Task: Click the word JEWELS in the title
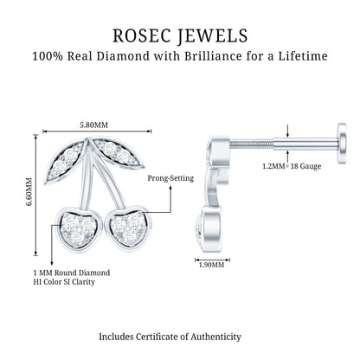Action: coord(213,36)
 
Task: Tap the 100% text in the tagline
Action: coord(48,56)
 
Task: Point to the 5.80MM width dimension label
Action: coord(93,125)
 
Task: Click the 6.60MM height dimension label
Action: coord(29,192)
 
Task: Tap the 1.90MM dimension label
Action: coord(211,265)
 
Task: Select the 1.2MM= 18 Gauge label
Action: coord(292,166)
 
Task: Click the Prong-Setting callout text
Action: coord(170,178)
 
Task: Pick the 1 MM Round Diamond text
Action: coord(72,273)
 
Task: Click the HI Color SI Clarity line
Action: coord(64,281)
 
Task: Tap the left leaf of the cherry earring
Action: coord(65,162)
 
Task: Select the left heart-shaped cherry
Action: coord(79,228)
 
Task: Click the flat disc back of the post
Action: coord(342,144)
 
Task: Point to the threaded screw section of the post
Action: coord(251,142)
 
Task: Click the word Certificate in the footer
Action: coord(160,337)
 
